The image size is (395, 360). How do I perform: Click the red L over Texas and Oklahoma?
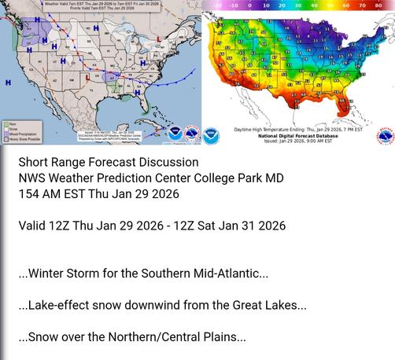(87, 77)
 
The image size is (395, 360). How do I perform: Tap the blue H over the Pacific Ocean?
(8, 82)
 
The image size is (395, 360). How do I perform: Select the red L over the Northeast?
(158, 38)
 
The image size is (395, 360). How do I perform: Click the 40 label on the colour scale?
(315, 4)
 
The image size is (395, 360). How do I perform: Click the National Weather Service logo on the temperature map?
(384, 135)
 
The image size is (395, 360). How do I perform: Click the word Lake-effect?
(60, 305)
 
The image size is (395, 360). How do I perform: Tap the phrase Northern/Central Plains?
(178, 337)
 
